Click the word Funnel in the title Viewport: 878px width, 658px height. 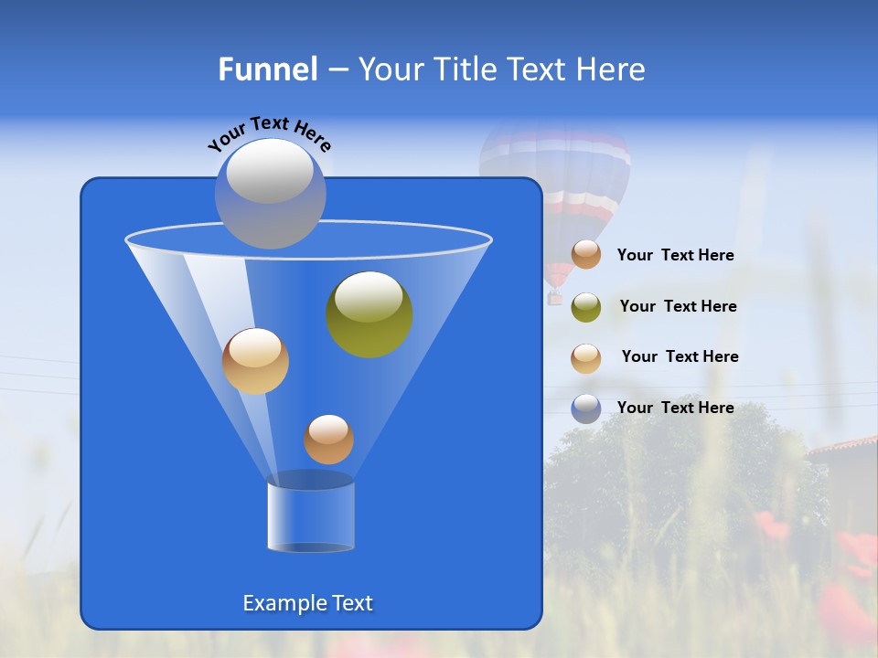point(268,69)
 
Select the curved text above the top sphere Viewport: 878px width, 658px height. point(269,134)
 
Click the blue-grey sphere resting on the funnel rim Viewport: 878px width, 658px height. point(270,193)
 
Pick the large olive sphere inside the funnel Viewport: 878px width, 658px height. point(369,314)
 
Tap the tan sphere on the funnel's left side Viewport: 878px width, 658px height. point(255,361)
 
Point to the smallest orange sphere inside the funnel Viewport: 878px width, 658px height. point(328,440)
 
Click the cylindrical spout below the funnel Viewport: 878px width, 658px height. point(311,517)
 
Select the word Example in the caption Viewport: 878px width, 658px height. point(284,603)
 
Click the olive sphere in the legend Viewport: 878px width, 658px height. point(586,307)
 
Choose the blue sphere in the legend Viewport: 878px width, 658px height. point(586,409)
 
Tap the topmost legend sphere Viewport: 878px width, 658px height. point(586,254)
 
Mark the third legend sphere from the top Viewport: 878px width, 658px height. point(586,358)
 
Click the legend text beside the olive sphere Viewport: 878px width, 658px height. point(678,306)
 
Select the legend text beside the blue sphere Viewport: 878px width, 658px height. point(675,408)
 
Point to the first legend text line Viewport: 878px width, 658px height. point(675,255)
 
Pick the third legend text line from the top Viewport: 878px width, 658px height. point(680,356)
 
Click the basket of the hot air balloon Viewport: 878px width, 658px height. point(554,298)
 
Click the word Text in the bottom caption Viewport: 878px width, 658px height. point(351,603)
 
